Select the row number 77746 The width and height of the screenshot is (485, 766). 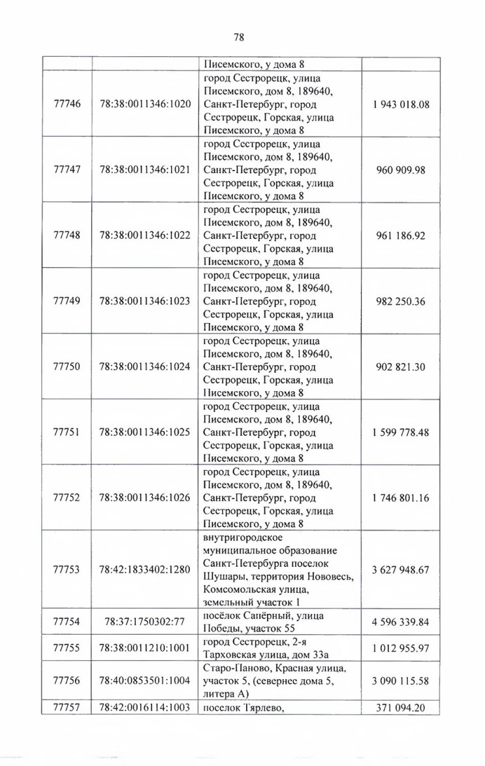pos(67,104)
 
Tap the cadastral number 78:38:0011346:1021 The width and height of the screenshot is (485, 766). pos(145,169)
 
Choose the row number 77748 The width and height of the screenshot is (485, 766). pos(67,235)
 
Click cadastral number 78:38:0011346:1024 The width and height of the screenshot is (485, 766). pos(145,366)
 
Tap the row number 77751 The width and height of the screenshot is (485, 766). pos(67,432)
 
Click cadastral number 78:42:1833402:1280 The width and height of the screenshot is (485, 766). pos(145,569)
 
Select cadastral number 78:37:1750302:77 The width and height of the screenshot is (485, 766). pos(145,621)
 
